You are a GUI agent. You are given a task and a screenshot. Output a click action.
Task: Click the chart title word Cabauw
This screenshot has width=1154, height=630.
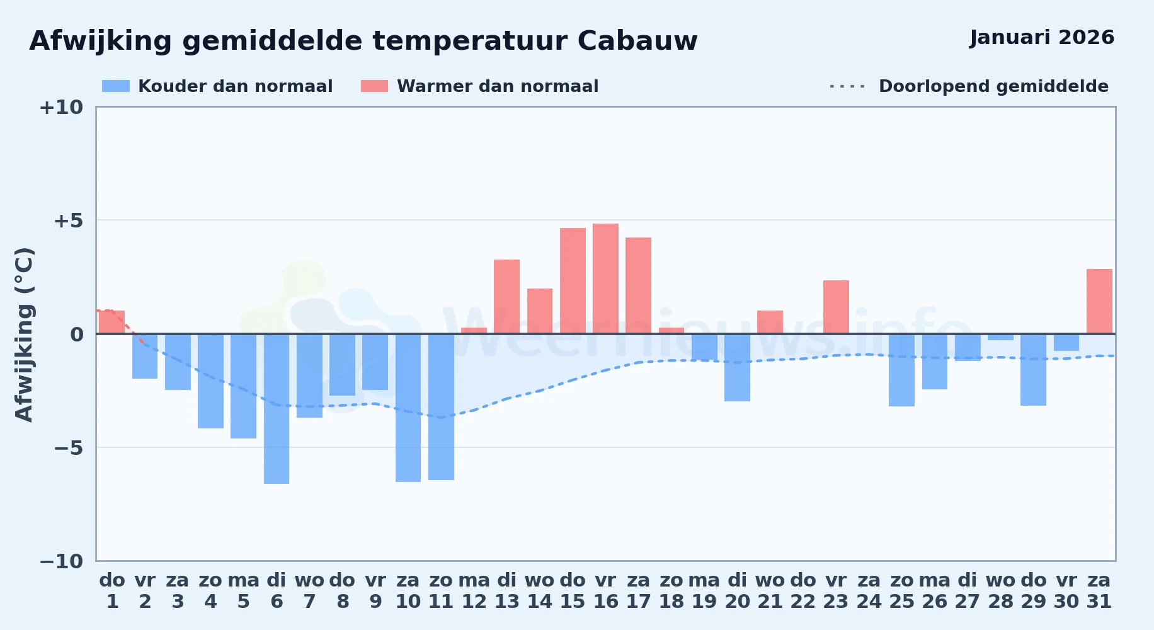(637, 41)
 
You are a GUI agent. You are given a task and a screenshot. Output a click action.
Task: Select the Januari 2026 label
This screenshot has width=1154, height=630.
(1042, 37)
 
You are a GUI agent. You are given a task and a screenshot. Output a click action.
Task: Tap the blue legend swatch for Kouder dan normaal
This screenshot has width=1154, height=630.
(116, 86)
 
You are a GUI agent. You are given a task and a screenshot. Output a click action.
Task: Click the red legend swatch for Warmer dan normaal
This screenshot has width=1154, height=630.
(374, 86)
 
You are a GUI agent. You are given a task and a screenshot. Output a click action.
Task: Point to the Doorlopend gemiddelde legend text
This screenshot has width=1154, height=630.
(993, 86)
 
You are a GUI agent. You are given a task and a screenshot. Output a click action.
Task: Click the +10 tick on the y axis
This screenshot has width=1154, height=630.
(61, 107)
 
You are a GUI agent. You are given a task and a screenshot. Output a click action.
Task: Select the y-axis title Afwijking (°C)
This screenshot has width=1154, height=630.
(24, 334)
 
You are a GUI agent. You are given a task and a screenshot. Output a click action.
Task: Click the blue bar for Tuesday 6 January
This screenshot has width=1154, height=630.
(277, 409)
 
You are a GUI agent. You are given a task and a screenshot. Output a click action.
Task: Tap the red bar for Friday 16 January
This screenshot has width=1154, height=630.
(605, 278)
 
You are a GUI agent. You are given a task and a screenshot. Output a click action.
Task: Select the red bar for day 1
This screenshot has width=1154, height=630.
(111, 322)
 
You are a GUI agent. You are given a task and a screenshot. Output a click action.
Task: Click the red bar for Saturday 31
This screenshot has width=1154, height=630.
(1099, 301)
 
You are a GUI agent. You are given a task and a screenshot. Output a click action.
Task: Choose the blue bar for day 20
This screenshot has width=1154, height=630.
(737, 367)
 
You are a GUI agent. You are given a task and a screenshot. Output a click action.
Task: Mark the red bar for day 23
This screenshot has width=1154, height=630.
(836, 307)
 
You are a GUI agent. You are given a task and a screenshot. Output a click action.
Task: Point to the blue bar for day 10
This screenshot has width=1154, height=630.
(408, 408)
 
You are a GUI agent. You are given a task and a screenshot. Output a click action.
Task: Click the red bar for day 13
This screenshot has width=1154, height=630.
(506, 297)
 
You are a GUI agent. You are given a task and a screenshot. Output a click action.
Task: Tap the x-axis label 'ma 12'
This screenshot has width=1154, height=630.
(474, 591)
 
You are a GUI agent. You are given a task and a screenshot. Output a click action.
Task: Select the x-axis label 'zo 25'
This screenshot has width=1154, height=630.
(901, 591)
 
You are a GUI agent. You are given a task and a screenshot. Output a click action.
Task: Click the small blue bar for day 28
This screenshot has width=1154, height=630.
(1000, 337)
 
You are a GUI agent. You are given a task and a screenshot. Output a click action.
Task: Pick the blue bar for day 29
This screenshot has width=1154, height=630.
(1033, 370)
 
